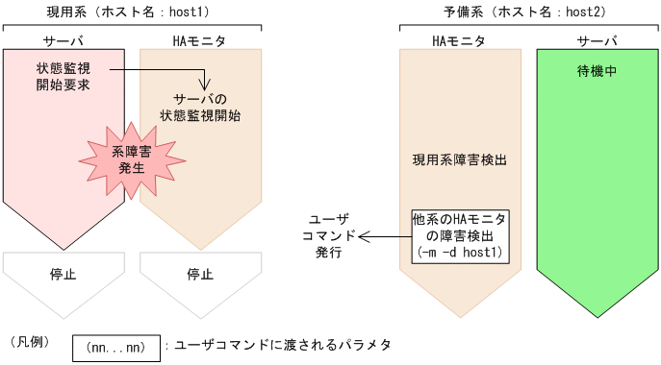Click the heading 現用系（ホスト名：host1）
click(130, 12)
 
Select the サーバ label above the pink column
click(64, 41)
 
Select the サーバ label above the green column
click(597, 41)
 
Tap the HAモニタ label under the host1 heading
click(199, 41)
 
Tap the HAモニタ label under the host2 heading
click(457, 41)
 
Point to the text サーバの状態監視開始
click(200, 107)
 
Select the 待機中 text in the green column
click(597, 71)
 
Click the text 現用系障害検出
click(458, 160)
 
